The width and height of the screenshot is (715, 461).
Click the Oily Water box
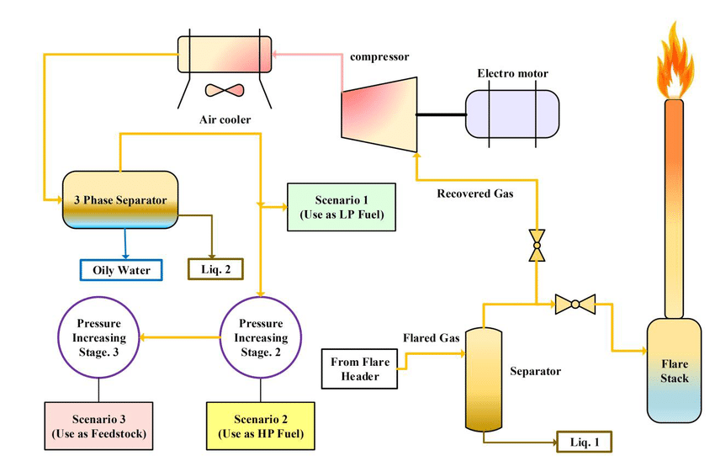click(x=121, y=270)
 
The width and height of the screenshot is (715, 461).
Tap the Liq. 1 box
click(x=583, y=441)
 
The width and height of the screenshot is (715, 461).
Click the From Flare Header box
click(x=361, y=368)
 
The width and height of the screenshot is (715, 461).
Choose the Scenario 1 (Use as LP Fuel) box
click(x=342, y=207)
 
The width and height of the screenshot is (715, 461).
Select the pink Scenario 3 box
click(x=98, y=426)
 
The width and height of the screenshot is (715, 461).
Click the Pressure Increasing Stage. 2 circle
click(x=263, y=337)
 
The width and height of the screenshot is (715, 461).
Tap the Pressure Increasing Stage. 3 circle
click(x=100, y=337)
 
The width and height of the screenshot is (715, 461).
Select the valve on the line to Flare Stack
click(x=575, y=303)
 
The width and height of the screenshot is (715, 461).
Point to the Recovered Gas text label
click(x=474, y=193)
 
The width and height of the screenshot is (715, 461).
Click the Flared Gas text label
click(x=431, y=338)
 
